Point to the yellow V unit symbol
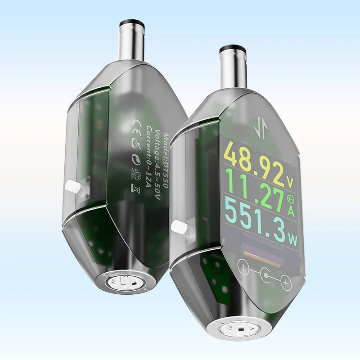pos(290,183)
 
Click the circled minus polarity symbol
pos(243,266)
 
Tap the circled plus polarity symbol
pos(286,283)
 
